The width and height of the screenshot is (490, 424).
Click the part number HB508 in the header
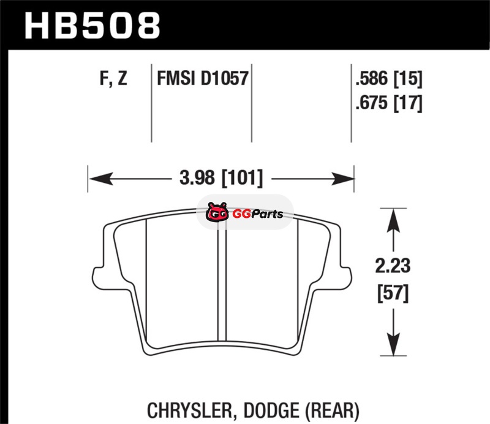pyautogui.click(x=92, y=25)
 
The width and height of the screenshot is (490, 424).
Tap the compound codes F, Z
pyautogui.click(x=113, y=79)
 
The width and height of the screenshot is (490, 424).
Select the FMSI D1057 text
pyautogui.click(x=203, y=78)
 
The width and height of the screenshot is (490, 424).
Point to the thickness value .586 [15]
pyautogui.click(x=389, y=79)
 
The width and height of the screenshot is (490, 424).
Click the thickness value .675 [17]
pyautogui.click(x=389, y=103)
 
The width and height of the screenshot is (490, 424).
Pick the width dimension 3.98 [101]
pyautogui.click(x=221, y=178)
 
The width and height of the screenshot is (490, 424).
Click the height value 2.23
pyautogui.click(x=393, y=266)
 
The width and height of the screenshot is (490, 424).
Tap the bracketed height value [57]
pyautogui.click(x=393, y=293)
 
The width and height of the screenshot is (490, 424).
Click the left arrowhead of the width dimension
pyautogui.click(x=100, y=179)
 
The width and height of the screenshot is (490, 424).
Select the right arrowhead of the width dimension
pyautogui.click(x=342, y=179)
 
